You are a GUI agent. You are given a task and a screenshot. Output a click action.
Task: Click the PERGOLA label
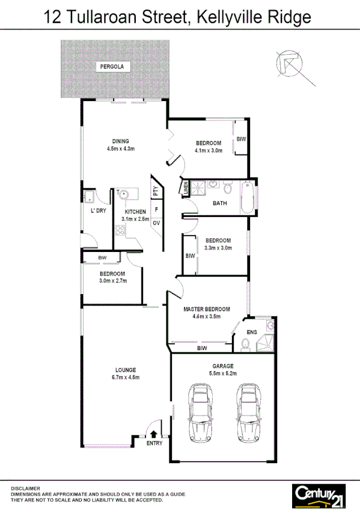(112, 67)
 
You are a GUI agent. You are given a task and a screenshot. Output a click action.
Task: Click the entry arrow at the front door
(154, 432)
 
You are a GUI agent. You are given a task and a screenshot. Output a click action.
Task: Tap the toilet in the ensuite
(245, 343)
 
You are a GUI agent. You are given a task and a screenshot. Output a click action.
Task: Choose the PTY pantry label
(156, 192)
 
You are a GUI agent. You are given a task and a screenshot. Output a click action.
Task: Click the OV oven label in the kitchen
(156, 223)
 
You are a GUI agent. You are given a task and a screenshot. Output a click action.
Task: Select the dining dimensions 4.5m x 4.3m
(120, 149)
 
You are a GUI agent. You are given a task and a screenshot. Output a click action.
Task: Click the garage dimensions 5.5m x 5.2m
(222, 373)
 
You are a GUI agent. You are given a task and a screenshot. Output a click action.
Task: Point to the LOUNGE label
(126, 370)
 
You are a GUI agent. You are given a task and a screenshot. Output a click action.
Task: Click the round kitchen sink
(123, 194)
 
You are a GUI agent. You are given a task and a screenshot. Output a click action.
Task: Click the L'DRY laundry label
(97, 212)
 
